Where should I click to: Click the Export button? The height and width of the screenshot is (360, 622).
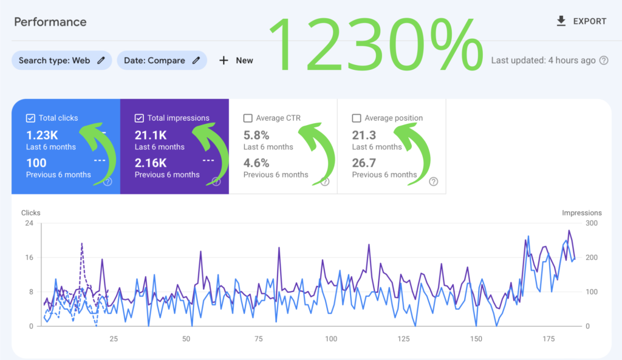tap(581, 21)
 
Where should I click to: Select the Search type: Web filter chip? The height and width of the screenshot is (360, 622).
tap(61, 60)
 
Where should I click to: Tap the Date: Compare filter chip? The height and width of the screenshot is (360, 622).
tap(162, 60)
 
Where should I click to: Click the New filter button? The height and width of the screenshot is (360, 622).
tap(236, 60)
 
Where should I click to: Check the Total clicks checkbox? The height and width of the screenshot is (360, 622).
tap(30, 118)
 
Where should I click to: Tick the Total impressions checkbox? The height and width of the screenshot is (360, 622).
tap(139, 118)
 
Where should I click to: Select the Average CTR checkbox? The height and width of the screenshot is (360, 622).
tap(248, 118)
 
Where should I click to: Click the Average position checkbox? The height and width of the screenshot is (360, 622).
tap(357, 118)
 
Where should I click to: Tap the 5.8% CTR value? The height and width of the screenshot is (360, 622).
tap(256, 135)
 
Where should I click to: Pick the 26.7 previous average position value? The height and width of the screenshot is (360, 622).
tap(364, 163)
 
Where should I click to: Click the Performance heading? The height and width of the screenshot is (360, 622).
tap(50, 22)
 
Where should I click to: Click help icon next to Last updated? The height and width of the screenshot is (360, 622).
tap(604, 60)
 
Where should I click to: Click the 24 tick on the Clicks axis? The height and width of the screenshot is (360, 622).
tap(29, 223)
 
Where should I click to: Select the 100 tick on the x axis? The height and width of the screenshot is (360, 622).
tap(331, 339)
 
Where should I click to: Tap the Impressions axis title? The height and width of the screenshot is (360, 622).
tap(581, 213)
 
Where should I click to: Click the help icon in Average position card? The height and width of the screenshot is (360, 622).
tap(433, 182)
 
